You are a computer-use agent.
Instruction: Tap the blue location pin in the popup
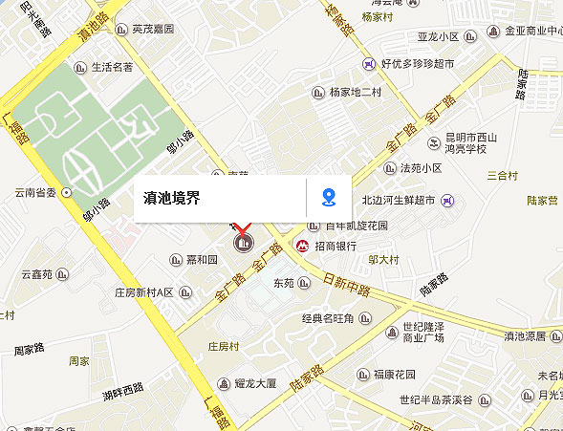click(329, 198)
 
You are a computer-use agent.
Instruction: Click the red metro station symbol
click(301, 246)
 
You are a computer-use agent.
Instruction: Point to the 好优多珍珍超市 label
click(417, 64)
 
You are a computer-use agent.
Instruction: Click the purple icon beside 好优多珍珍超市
click(368, 64)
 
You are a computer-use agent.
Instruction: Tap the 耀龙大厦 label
click(255, 383)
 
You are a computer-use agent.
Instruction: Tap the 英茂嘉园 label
click(154, 30)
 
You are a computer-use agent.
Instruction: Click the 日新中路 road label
click(347, 283)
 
